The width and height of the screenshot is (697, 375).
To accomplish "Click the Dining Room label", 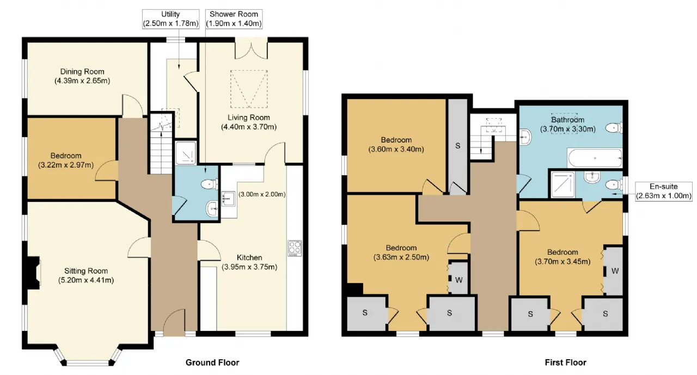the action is (82, 72).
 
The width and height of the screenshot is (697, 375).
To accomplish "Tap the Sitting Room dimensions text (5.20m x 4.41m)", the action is (86, 280).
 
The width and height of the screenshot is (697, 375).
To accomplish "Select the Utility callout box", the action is (170, 19).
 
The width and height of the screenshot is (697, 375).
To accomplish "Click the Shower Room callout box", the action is (234, 19).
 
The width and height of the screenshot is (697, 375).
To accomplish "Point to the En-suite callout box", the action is (663, 191).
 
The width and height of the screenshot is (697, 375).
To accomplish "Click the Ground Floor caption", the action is (212, 362).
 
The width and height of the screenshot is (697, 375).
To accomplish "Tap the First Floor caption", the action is (566, 362).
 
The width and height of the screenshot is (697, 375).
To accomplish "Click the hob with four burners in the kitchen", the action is (295, 248).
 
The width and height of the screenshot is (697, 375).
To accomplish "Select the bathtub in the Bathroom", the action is (595, 158).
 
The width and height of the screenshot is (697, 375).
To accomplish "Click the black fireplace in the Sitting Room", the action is (33, 273).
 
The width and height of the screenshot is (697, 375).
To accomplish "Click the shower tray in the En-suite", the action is (563, 185).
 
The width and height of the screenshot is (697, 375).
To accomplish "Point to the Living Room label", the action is (249, 118).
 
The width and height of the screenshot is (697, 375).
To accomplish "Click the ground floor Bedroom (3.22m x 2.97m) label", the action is (66, 160).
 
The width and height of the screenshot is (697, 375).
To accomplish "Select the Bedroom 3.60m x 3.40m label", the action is (396, 145).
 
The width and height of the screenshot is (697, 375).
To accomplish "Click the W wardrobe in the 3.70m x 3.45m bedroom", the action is (614, 271).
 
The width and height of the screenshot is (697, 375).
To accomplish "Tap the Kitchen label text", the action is (249, 257).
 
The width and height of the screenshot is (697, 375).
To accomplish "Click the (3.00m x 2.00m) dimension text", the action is (262, 194).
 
